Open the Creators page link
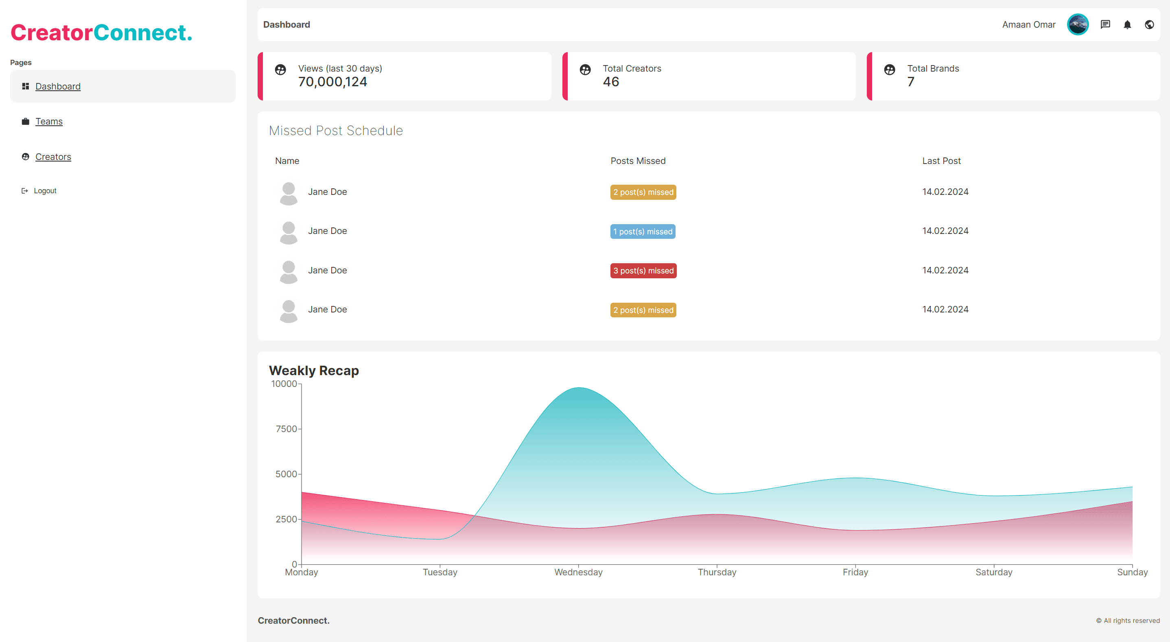[x=53, y=157]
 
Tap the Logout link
[x=45, y=191]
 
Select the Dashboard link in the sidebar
[x=58, y=86]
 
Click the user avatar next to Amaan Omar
[x=1077, y=24]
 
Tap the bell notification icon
[x=1127, y=24]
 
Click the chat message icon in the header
[x=1106, y=24]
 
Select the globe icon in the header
[x=1149, y=24]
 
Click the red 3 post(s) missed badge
[x=643, y=271]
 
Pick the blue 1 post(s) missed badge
[x=643, y=231]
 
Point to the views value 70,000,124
[x=332, y=82]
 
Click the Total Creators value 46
[x=611, y=82]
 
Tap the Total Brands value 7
[x=911, y=82]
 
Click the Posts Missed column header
[x=638, y=161]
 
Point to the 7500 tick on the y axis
[x=286, y=428]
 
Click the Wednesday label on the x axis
[x=578, y=572]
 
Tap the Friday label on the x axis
[x=855, y=572]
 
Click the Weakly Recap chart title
[x=314, y=371]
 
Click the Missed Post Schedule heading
[x=336, y=131]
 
